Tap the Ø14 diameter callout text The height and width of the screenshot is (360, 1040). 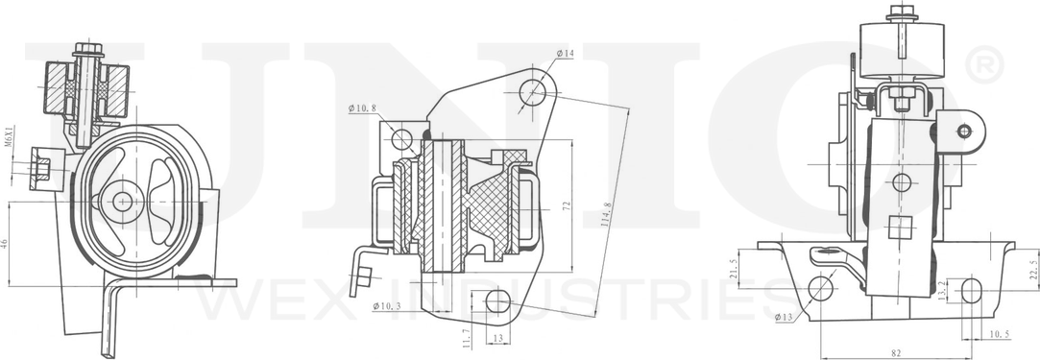pos(565,54)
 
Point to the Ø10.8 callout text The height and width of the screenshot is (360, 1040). pos(362,108)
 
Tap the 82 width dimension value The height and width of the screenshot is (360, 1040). pos(896,354)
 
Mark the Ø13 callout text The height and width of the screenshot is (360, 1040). pos(782,315)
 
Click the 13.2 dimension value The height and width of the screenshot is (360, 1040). pos(943,289)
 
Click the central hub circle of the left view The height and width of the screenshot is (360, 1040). pos(123,202)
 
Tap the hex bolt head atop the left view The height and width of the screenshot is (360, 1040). pos(86,48)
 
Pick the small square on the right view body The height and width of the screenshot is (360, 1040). pos(900,227)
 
